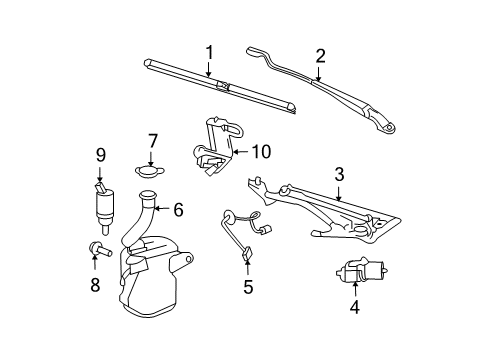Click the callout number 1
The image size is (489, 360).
210,51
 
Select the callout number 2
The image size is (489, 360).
320,56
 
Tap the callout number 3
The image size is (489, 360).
339,175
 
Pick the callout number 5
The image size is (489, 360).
248,288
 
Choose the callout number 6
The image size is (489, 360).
178,210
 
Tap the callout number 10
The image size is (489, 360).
261,153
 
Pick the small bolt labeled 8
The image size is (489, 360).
96,249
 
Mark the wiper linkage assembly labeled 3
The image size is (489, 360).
330,215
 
